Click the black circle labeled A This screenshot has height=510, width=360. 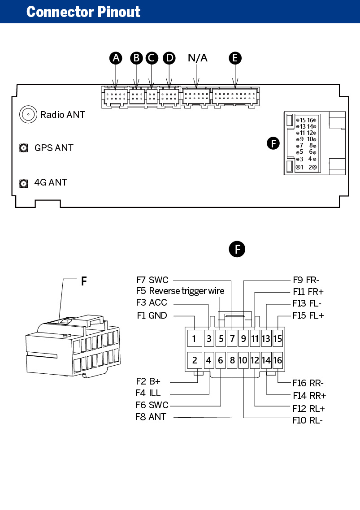click(x=116, y=58)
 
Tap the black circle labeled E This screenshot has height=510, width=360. click(x=235, y=58)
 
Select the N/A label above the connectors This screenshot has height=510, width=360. click(x=198, y=58)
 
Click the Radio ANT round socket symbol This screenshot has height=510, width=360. click(x=28, y=114)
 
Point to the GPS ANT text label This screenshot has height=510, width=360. click(x=54, y=147)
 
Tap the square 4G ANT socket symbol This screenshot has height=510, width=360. click(x=23, y=183)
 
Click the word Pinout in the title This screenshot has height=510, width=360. click(x=119, y=12)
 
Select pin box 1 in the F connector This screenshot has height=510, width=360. click(x=194, y=339)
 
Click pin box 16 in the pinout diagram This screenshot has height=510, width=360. click(x=278, y=360)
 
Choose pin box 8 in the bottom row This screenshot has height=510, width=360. click(x=232, y=360)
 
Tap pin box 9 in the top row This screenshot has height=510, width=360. click(x=243, y=339)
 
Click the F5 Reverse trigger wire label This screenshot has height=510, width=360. click(x=180, y=291)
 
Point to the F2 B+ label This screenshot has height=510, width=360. click(x=148, y=381)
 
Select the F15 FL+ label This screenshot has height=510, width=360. click(x=308, y=316)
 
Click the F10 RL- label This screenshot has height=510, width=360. click(x=308, y=420)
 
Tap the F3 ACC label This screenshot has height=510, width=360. click(x=152, y=303)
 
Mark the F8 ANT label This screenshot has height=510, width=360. click(x=151, y=417)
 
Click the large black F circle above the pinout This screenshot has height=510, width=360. click(x=237, y=249)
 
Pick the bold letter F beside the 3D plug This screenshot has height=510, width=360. click(x=84, y=281)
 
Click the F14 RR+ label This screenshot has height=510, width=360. click(x=309, y=396)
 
